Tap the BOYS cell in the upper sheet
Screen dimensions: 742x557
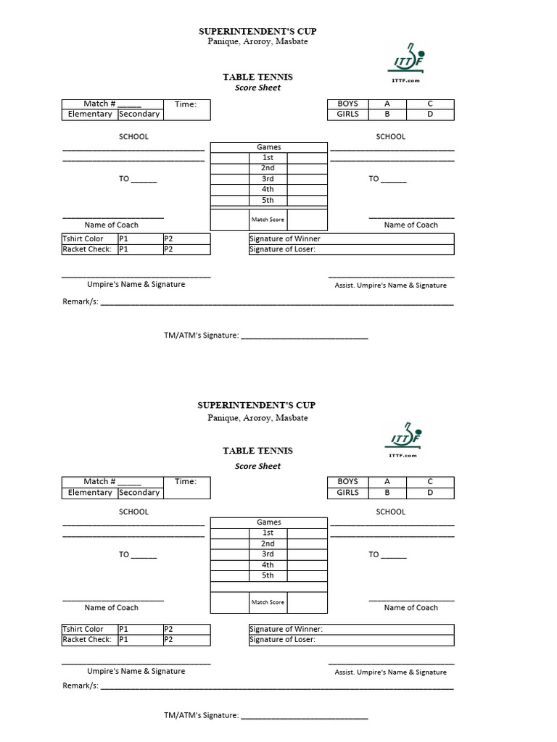(348, 104)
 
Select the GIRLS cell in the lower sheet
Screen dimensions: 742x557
(348, 493)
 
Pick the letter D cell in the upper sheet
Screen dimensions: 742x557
(429, 114)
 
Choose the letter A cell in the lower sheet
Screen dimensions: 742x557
(387, 482)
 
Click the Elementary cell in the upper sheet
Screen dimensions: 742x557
(90, 114)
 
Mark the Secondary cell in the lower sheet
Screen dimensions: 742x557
(139, 493)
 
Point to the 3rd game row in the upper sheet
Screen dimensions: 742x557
(268, 179)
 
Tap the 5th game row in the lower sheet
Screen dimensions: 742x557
(268, 576)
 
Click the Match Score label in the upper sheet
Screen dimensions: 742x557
(268, 220)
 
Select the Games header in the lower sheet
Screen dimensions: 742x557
(268, 522)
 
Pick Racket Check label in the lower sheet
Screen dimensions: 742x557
(87, 640)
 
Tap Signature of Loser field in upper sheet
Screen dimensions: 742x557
(351, 250)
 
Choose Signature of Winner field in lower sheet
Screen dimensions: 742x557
(351, 630)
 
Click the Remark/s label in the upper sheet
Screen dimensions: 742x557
(81, 301)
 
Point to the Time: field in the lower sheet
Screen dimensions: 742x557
(186, 482)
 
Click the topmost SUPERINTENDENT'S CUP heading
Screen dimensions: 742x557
(257, 31)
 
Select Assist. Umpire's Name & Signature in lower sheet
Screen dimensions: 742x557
(391, 672)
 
